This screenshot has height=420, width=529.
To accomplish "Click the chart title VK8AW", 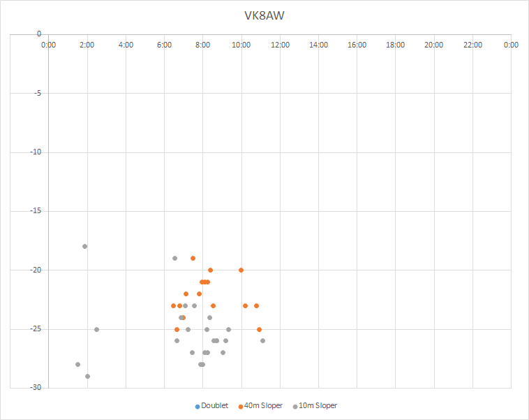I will [x=264, y=15].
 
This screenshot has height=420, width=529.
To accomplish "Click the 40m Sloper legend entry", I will [x=260, y=405].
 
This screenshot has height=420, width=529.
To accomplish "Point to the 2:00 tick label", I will [x=87, y=45].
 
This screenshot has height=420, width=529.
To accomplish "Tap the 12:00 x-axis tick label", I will [x=280, y=45].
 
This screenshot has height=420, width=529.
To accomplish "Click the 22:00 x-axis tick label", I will [x=472, y=45].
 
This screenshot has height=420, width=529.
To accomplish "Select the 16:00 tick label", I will [x=357, y=45].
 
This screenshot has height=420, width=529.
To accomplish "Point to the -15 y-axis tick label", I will [x=33, y=211].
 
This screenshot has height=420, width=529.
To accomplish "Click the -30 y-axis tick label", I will [x=33, y=388].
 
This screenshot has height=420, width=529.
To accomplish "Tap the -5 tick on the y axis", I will [x=36, y=93].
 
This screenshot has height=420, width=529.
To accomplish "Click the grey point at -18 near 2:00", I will [x=84, y=246].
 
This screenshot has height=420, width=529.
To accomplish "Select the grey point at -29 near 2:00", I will [x=87, y=376].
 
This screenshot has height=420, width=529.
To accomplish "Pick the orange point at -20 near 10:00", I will [x=241, y=270].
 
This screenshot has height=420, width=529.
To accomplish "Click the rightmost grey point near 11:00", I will [x=262, y=340].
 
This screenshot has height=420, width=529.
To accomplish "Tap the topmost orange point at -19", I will [x=193, y=258].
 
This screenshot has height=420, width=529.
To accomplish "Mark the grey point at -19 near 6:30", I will [x=174, y=258].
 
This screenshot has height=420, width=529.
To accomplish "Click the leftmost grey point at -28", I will [x=77, y=364].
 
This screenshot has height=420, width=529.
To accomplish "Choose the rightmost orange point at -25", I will [x=259, y=329].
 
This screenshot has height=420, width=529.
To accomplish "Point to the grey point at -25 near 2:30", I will [x=96, y=329].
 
